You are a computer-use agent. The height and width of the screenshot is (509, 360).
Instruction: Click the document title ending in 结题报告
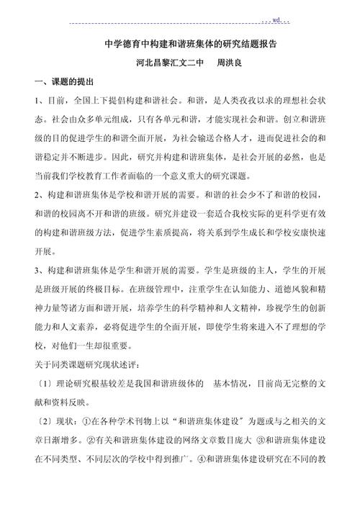[x=191, y=45]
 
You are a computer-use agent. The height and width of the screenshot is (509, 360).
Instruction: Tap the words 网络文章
[x=197, y=441]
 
